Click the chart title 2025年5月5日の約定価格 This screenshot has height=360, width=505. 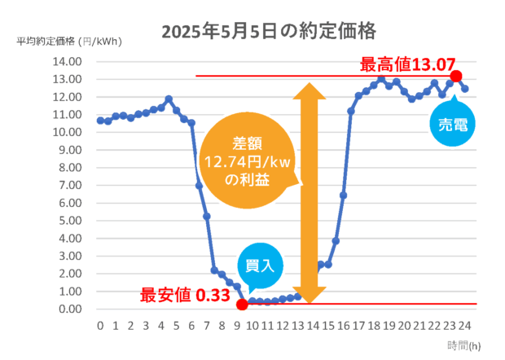pyautogui.click(x=269, y=32)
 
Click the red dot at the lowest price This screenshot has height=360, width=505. pyautogui.click(x=242, y=305)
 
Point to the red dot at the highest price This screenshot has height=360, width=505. pyautogui.click(x=456, y=76)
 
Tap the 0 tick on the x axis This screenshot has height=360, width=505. pyautogui.click(x=99, y=326)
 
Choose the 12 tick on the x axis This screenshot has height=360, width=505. pyautogui.click(x=282, y=326)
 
